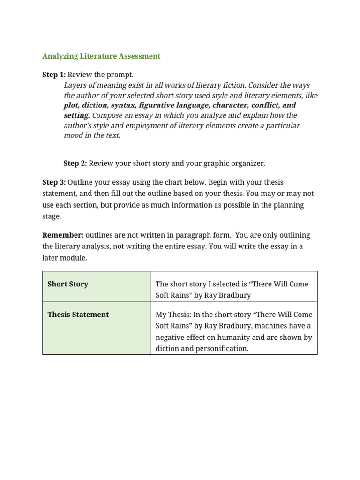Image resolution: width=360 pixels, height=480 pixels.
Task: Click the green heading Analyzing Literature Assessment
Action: (101, 56)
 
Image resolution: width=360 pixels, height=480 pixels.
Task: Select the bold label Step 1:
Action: (54, 75)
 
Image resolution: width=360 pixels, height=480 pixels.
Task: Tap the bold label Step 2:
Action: (75, 163)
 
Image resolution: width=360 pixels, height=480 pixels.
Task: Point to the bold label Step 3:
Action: (54, 182)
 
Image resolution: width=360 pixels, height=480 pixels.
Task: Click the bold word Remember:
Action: (63, 235)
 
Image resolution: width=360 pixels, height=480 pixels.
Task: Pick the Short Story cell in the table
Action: (68, 284)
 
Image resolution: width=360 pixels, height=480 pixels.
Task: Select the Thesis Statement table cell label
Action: (78, 315)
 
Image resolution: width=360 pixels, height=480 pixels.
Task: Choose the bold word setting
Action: (76, 115)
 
